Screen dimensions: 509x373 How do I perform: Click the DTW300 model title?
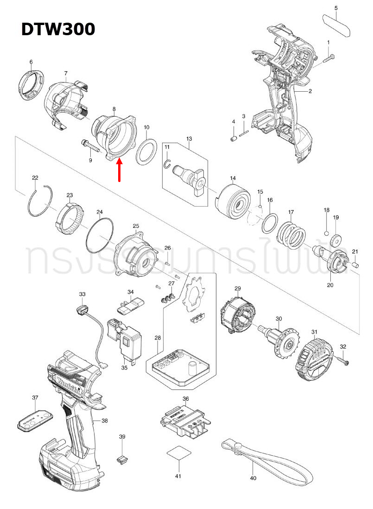pos(58,29)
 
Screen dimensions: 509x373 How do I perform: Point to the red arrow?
pos(120,170)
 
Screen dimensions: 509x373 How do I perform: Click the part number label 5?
pos(336,8)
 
